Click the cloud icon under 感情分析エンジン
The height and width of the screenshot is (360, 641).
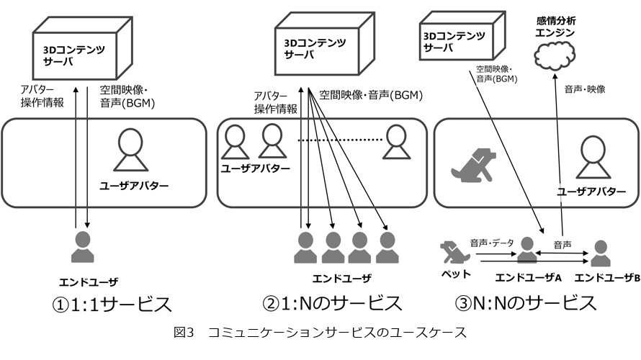[555, 55]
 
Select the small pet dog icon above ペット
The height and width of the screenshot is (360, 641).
[455, 252]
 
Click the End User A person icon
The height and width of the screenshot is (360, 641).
[527, 250]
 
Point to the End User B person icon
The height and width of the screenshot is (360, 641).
[600, 253]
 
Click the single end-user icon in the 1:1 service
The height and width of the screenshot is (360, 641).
[83, 247]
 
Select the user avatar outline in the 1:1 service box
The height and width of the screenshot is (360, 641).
[130, 150]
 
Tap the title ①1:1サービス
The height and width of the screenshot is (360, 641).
[112, 305]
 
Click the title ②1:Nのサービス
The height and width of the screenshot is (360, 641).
[332, 303]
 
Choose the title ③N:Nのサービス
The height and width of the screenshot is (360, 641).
[525, 303]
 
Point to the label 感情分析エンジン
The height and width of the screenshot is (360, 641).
[555, 27]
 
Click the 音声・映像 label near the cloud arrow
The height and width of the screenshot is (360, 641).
[585, 89]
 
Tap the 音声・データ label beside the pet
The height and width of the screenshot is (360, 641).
[492, 243]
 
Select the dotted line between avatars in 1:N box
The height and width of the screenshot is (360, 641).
[339, 140]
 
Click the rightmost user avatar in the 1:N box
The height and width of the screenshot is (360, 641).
[395, 142]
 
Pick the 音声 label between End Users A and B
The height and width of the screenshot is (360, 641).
[562, 245]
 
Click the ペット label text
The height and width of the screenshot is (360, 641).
[456, 274]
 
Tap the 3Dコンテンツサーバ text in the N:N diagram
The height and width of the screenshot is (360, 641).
[454, 42]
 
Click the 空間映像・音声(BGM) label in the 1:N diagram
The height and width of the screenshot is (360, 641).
[371, 95]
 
